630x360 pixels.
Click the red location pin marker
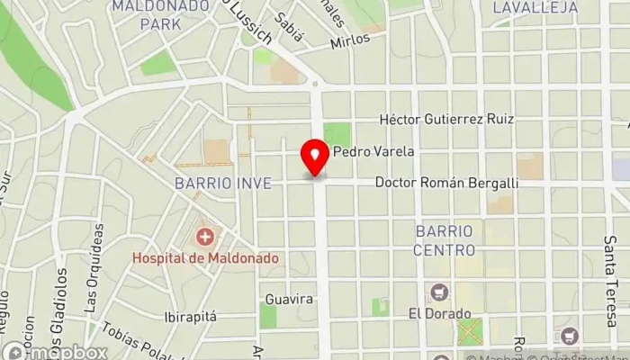[x=315, y=157]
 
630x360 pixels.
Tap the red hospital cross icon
[x=205, y=238]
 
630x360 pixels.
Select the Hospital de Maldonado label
[x=205, y=258]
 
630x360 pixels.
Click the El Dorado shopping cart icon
[x=439, y=292]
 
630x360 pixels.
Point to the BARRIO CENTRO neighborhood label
[x=445, y=240]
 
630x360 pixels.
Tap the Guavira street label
[x=289, y=299]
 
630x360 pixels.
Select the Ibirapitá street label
[x=193, y=318]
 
